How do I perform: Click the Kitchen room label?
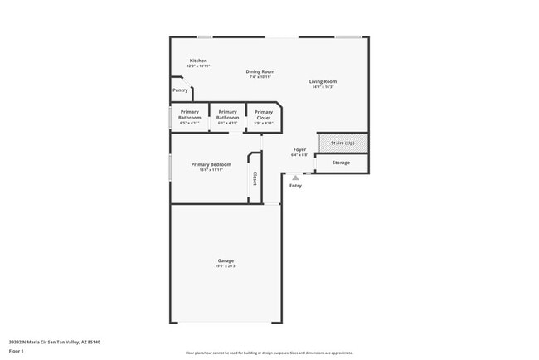tap(198, 61)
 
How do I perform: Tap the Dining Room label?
tap(260, 71)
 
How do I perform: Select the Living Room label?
tap(323, 81)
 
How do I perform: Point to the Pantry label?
tap(180, 90)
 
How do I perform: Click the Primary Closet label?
tap(264, 115)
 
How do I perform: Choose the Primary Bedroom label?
tap(211, 164)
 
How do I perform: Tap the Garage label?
tap(226, 260)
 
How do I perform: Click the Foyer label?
tap(299, 149)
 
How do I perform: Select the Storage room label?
tap(341, 163)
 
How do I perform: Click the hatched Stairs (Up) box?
tap(342, 143)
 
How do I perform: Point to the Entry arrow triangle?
tap(295, 178)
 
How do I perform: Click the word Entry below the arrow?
tap(295, 186)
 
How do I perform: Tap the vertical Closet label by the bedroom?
tap(255, 178)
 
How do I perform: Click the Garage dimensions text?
tap(226, 266)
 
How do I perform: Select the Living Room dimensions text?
tap(323, 87)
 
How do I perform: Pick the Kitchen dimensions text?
tap(198, 66)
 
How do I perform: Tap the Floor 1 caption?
tap(17, 350)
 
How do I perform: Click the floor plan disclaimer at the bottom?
tap(269, 353)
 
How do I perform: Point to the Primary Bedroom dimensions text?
tap(211, 170)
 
